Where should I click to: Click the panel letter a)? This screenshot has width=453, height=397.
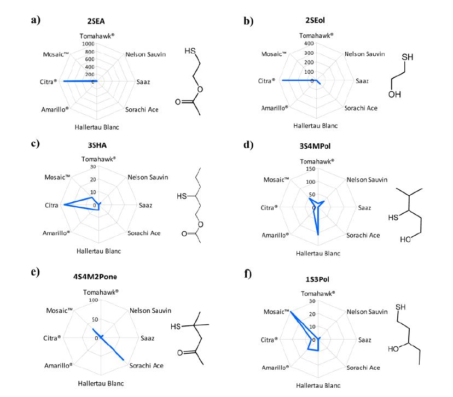point(36,20)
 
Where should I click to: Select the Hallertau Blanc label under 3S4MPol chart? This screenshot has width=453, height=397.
point(318,253)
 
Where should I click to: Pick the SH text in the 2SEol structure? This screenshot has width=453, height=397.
point(407,57)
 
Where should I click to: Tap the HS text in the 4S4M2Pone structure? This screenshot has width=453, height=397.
point(176,327)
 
